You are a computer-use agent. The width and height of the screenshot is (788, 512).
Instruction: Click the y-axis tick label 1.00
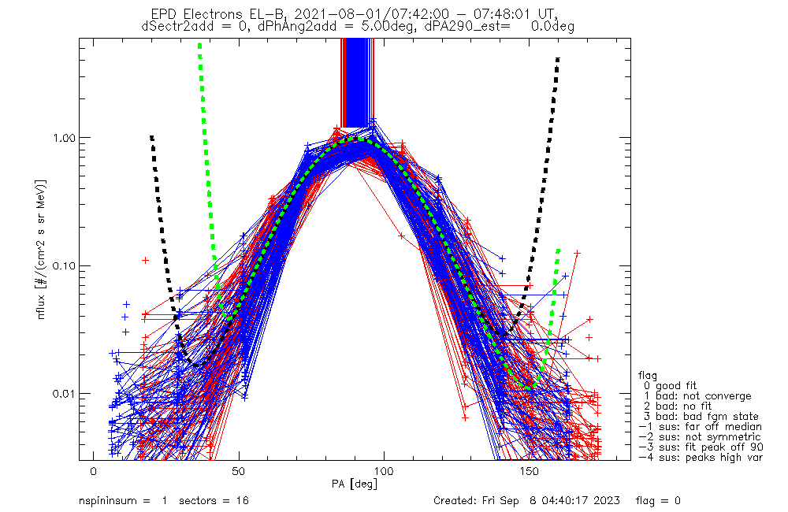pos(65,137)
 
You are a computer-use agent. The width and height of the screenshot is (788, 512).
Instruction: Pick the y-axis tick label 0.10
pos(65,265)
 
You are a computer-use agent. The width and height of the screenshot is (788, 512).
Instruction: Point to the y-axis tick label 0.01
pos(65,393)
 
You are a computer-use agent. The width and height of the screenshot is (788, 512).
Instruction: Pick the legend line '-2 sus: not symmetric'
pos(700,436)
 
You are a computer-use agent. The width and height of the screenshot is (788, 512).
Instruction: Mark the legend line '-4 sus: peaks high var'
pos(700,457)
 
